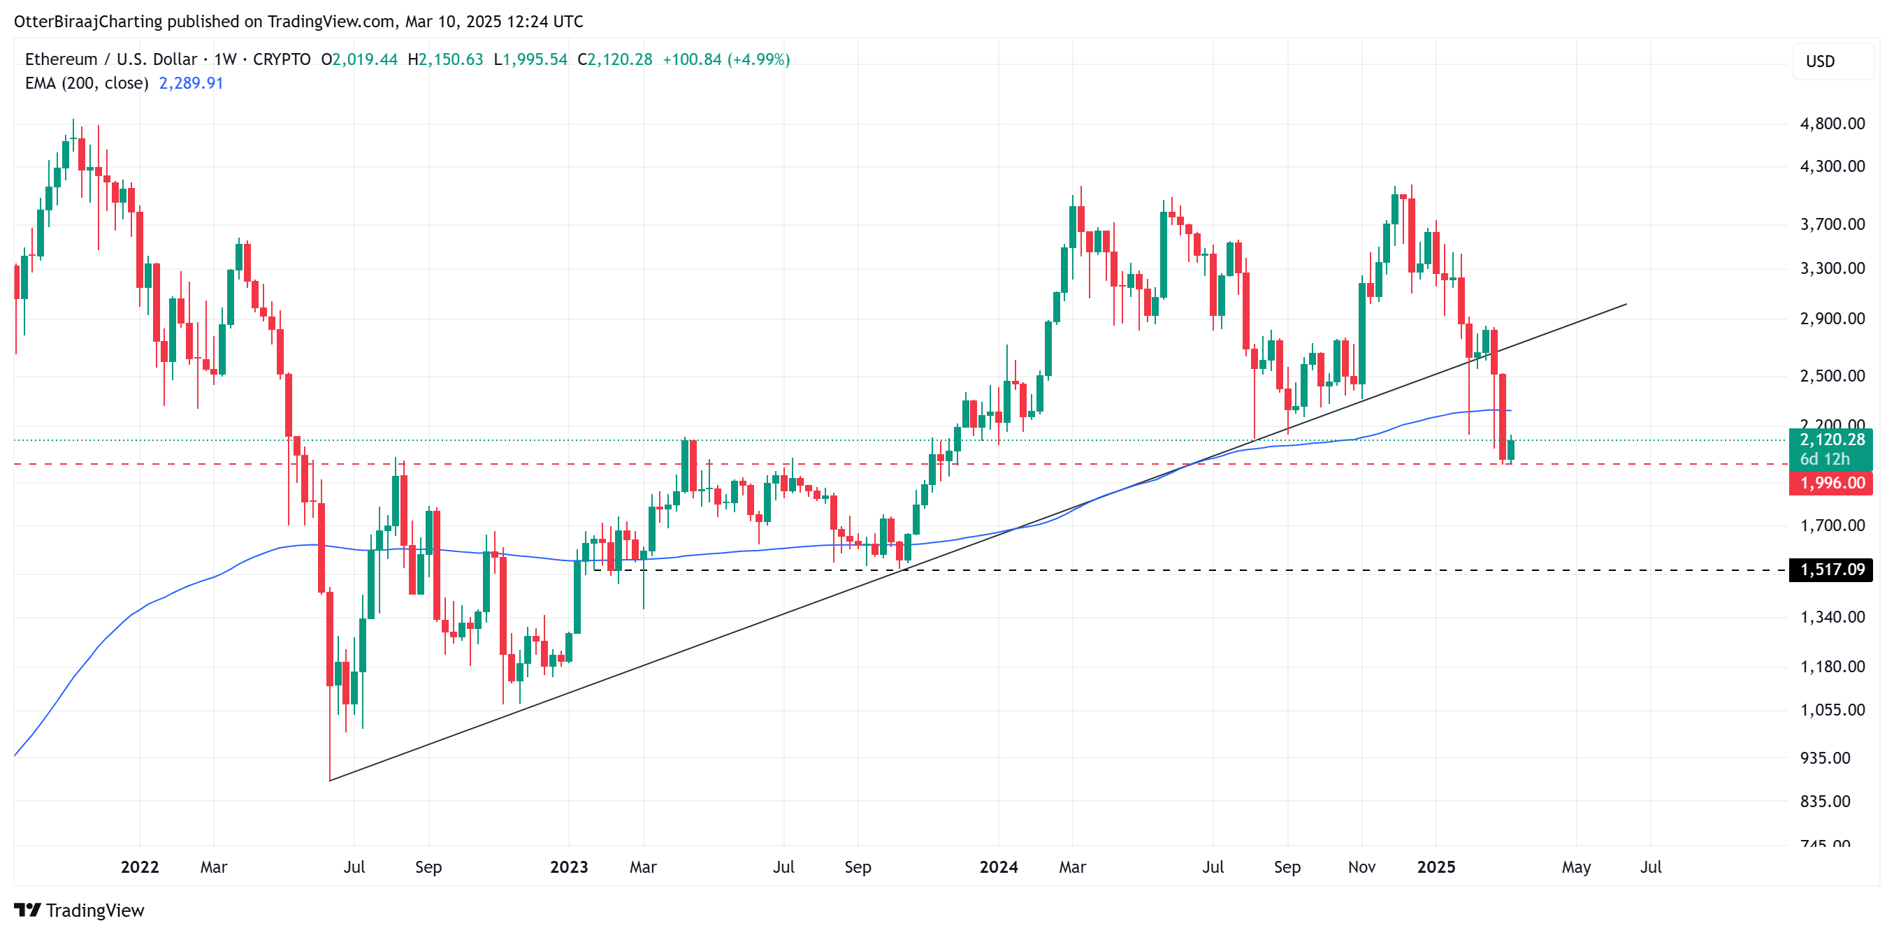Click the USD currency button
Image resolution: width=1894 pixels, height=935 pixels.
click(x=1820, y=61)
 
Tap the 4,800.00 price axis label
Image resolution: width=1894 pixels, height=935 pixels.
click(x=1832, y=124)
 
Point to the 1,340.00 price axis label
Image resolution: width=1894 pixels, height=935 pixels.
click(x=1832, y=617)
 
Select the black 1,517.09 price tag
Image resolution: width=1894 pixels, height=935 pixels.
click(x=1832, y=569)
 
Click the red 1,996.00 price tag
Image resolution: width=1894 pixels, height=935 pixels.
click(x=1832, y=483)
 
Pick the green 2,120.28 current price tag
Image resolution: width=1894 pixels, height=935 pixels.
click(x=1832, y=440)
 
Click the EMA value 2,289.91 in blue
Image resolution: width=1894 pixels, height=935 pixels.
click(x=191, y=83)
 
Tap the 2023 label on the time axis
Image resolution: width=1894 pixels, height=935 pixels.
click(x=568, y=867)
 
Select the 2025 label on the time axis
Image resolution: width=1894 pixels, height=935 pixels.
click(x=1436, y=867)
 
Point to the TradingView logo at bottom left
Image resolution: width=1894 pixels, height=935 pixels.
click(x=80, y=910)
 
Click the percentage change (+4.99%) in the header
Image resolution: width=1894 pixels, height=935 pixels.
click(x=758, y=59)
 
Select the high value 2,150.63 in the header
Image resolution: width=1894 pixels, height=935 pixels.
click(x=450, y=59)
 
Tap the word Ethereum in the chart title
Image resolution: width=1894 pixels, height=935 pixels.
click(x=61, y=59)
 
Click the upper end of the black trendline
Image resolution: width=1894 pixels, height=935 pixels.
click(x=1626, y=304)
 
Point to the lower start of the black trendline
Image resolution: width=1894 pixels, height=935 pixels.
click(x=330, y=780)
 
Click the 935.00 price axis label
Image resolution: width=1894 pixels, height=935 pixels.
click(x=1824, y=758)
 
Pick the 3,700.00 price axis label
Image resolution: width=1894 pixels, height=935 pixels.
click(x=1832, y=224)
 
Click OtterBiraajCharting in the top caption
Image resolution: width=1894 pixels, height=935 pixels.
click(x=88, y=22)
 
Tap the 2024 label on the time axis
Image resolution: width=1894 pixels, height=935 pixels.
click(x=998, y=867)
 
